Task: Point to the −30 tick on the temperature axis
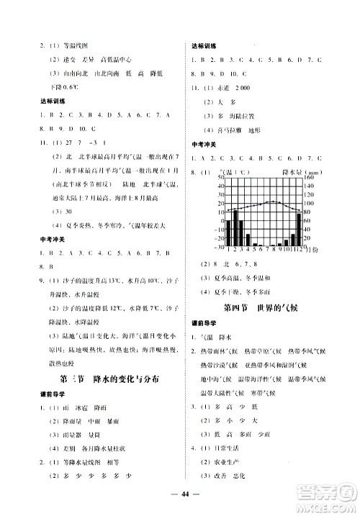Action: (x=220, y=247)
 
